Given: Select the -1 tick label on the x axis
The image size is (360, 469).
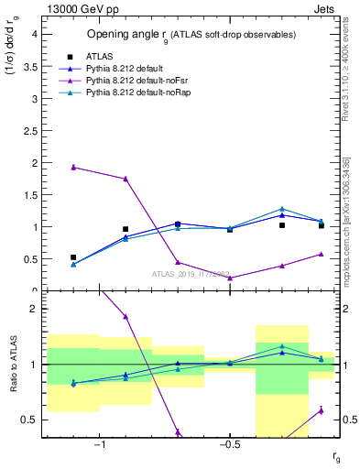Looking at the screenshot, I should coord(100,446).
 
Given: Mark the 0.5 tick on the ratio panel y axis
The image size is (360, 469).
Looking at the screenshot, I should coord(30,420).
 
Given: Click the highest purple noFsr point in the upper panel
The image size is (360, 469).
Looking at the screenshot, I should coord(73,167).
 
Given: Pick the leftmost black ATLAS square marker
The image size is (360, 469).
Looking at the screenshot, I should coord(73,257).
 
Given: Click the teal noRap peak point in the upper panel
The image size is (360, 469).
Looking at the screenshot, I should coord(282,209).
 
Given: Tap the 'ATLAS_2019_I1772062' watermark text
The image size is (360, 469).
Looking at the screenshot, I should coord(191,273).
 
